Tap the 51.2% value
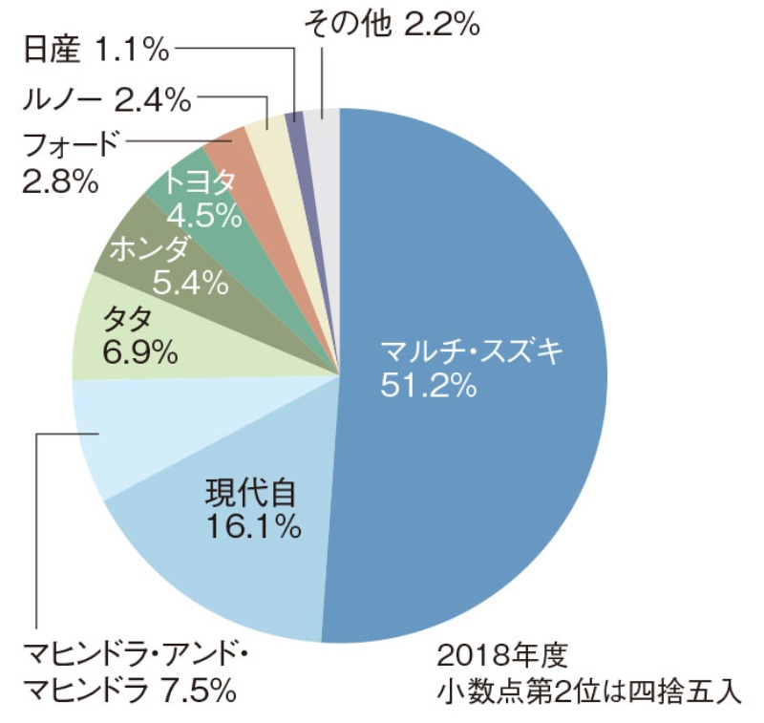coord(428,387)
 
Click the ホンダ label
coord(149,251)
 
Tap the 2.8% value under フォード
coord(60,180)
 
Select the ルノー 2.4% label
coord(106,98)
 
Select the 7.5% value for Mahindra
coord(192,688)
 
